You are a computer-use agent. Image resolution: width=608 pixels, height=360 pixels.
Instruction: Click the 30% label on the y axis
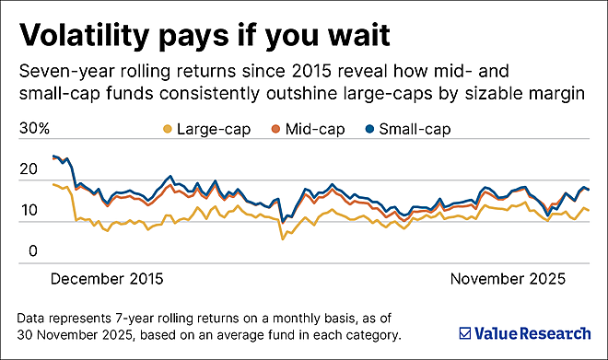coord(35,129)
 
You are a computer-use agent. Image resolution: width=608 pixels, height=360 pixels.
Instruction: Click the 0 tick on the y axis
coord(31,250)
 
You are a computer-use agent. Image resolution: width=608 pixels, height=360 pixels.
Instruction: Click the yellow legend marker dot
coord(167,129)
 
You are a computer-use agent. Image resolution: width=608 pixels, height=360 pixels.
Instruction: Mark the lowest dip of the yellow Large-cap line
coord(283,239)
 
